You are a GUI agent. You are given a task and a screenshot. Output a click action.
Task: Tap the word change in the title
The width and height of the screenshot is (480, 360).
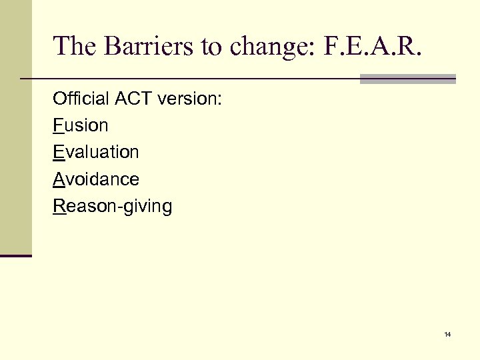tap(242, 46)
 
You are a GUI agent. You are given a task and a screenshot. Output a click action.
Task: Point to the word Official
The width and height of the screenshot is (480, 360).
tap(81, 99)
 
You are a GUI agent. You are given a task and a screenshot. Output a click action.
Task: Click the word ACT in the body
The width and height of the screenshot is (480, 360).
tap(133, 99)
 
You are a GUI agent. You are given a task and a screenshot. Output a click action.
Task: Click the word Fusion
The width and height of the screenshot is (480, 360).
tap(81, 125)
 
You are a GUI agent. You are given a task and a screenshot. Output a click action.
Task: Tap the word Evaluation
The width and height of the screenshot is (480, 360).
tap(96, 152)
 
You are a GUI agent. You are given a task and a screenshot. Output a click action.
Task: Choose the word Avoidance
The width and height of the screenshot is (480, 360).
tap(96, 179)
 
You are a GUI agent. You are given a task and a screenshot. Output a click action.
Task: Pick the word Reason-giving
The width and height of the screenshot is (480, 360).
tap(113, 206)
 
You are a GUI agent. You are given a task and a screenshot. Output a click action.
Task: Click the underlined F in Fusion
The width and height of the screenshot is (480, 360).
tap(57, 125)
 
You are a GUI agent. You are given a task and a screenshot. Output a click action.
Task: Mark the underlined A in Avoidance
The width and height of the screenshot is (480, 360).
tap(58, 179)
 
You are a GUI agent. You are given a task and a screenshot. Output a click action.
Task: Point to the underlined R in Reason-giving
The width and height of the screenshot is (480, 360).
tap(59, 206)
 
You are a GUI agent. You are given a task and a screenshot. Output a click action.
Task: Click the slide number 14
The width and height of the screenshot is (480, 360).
tap(447, 333)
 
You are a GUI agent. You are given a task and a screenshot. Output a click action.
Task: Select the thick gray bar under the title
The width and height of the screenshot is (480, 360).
tap(407, 79)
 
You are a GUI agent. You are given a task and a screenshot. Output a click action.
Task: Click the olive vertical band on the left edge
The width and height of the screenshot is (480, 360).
tap(15, 127)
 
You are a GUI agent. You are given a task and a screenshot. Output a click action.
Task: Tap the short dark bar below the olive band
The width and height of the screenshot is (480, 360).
tap(15, 255)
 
